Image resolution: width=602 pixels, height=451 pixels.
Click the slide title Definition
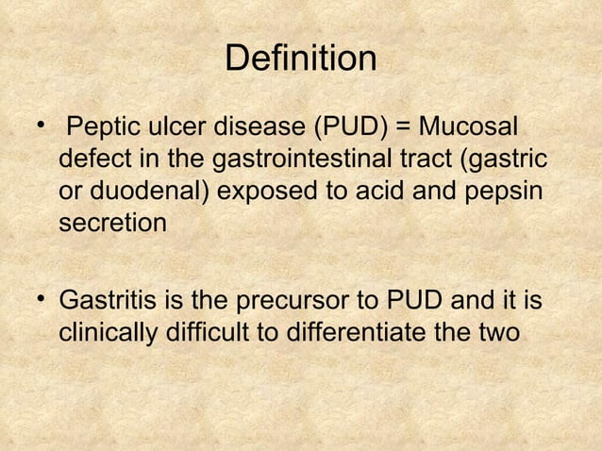pyautogui.click(x=301, y=59)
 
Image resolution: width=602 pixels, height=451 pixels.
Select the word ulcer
pyautogui.click(x=170, y=125)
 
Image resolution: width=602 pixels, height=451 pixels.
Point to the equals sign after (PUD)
pyautogui.click(x=405, y=125)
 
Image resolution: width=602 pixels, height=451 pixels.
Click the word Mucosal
pyautogui.click(x=472, y=125)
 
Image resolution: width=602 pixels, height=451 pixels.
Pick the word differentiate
pyautogui.click(x=380, y=334)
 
